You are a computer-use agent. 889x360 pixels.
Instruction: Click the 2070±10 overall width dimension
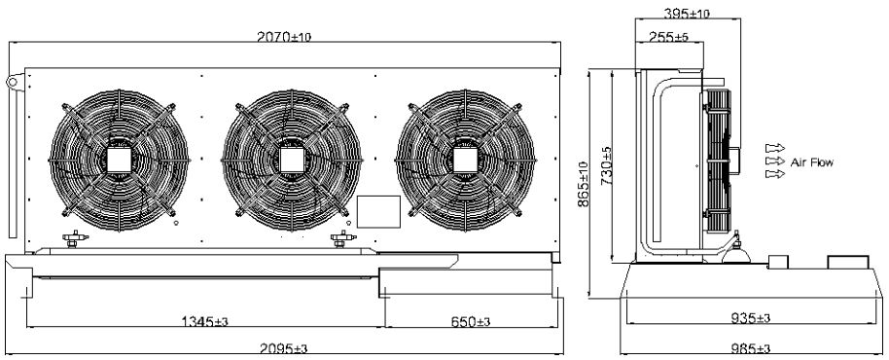coord(284,37)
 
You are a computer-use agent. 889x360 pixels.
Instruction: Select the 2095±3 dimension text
coord(284,348)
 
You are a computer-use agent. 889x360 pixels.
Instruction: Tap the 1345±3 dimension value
coord(204,321)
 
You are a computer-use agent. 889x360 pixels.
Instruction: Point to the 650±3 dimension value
coord(471,321)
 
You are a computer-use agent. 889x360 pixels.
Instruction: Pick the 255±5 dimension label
coord(669,37)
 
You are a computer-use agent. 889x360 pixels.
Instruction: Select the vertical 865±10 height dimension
coord(584,184)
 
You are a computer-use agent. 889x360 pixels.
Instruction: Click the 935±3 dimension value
coord(750,317)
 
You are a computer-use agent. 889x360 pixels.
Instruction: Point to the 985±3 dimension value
coord(750,348)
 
